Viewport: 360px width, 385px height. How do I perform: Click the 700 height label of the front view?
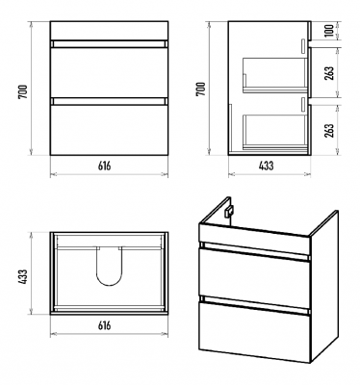point(24,91)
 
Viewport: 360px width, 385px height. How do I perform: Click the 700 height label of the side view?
point(200,89)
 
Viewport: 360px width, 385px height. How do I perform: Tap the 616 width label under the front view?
point(105,166)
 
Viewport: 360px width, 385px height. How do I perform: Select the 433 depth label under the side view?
point(266,166)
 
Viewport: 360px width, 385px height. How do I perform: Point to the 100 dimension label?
point(329,30)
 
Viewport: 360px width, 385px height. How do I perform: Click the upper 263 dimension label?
point(329,73)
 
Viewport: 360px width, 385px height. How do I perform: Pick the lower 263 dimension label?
point(329,130)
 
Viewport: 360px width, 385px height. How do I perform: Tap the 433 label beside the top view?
point(23,276)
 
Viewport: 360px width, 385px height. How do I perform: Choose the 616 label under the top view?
point(105,325)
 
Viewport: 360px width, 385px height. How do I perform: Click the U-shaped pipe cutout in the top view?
point(110,285)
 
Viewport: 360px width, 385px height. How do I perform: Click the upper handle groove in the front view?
point(109,44)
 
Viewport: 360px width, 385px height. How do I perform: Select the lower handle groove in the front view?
point(109,101)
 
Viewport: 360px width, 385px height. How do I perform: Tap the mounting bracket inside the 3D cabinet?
point(229,212)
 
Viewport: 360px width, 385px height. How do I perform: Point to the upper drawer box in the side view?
point(274,75)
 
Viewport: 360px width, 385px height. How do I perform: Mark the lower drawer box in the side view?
point(274,132)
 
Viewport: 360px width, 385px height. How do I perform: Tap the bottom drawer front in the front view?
point(109,130)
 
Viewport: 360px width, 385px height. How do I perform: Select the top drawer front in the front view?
point(109,72)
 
